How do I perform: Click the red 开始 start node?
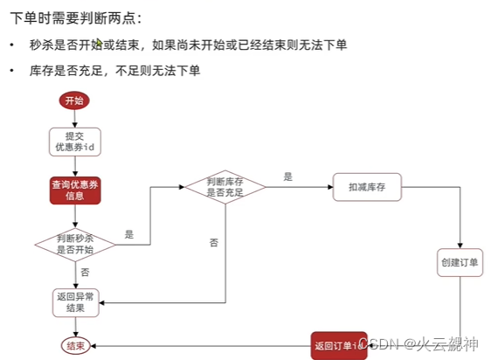[x=74, y=100]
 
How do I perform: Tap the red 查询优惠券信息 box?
[x=75, y=190]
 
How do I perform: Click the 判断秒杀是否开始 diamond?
[x=75, y=243]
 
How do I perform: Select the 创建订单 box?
[x=460, y=263]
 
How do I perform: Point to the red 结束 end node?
[x=75, y=346]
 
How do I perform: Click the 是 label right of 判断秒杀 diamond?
[x=129, y=234]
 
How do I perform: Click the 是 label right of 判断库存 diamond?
[x=288, y=177]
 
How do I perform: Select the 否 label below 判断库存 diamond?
[x=214, y=242]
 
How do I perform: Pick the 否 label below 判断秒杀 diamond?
[x=85, y=273]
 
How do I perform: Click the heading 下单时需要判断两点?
[x=73, y=17]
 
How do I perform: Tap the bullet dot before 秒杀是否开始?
[x=12, y=45]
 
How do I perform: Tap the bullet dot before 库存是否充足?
[x=12, y=70]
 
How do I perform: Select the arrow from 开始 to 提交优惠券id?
[x=74, y=119]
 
